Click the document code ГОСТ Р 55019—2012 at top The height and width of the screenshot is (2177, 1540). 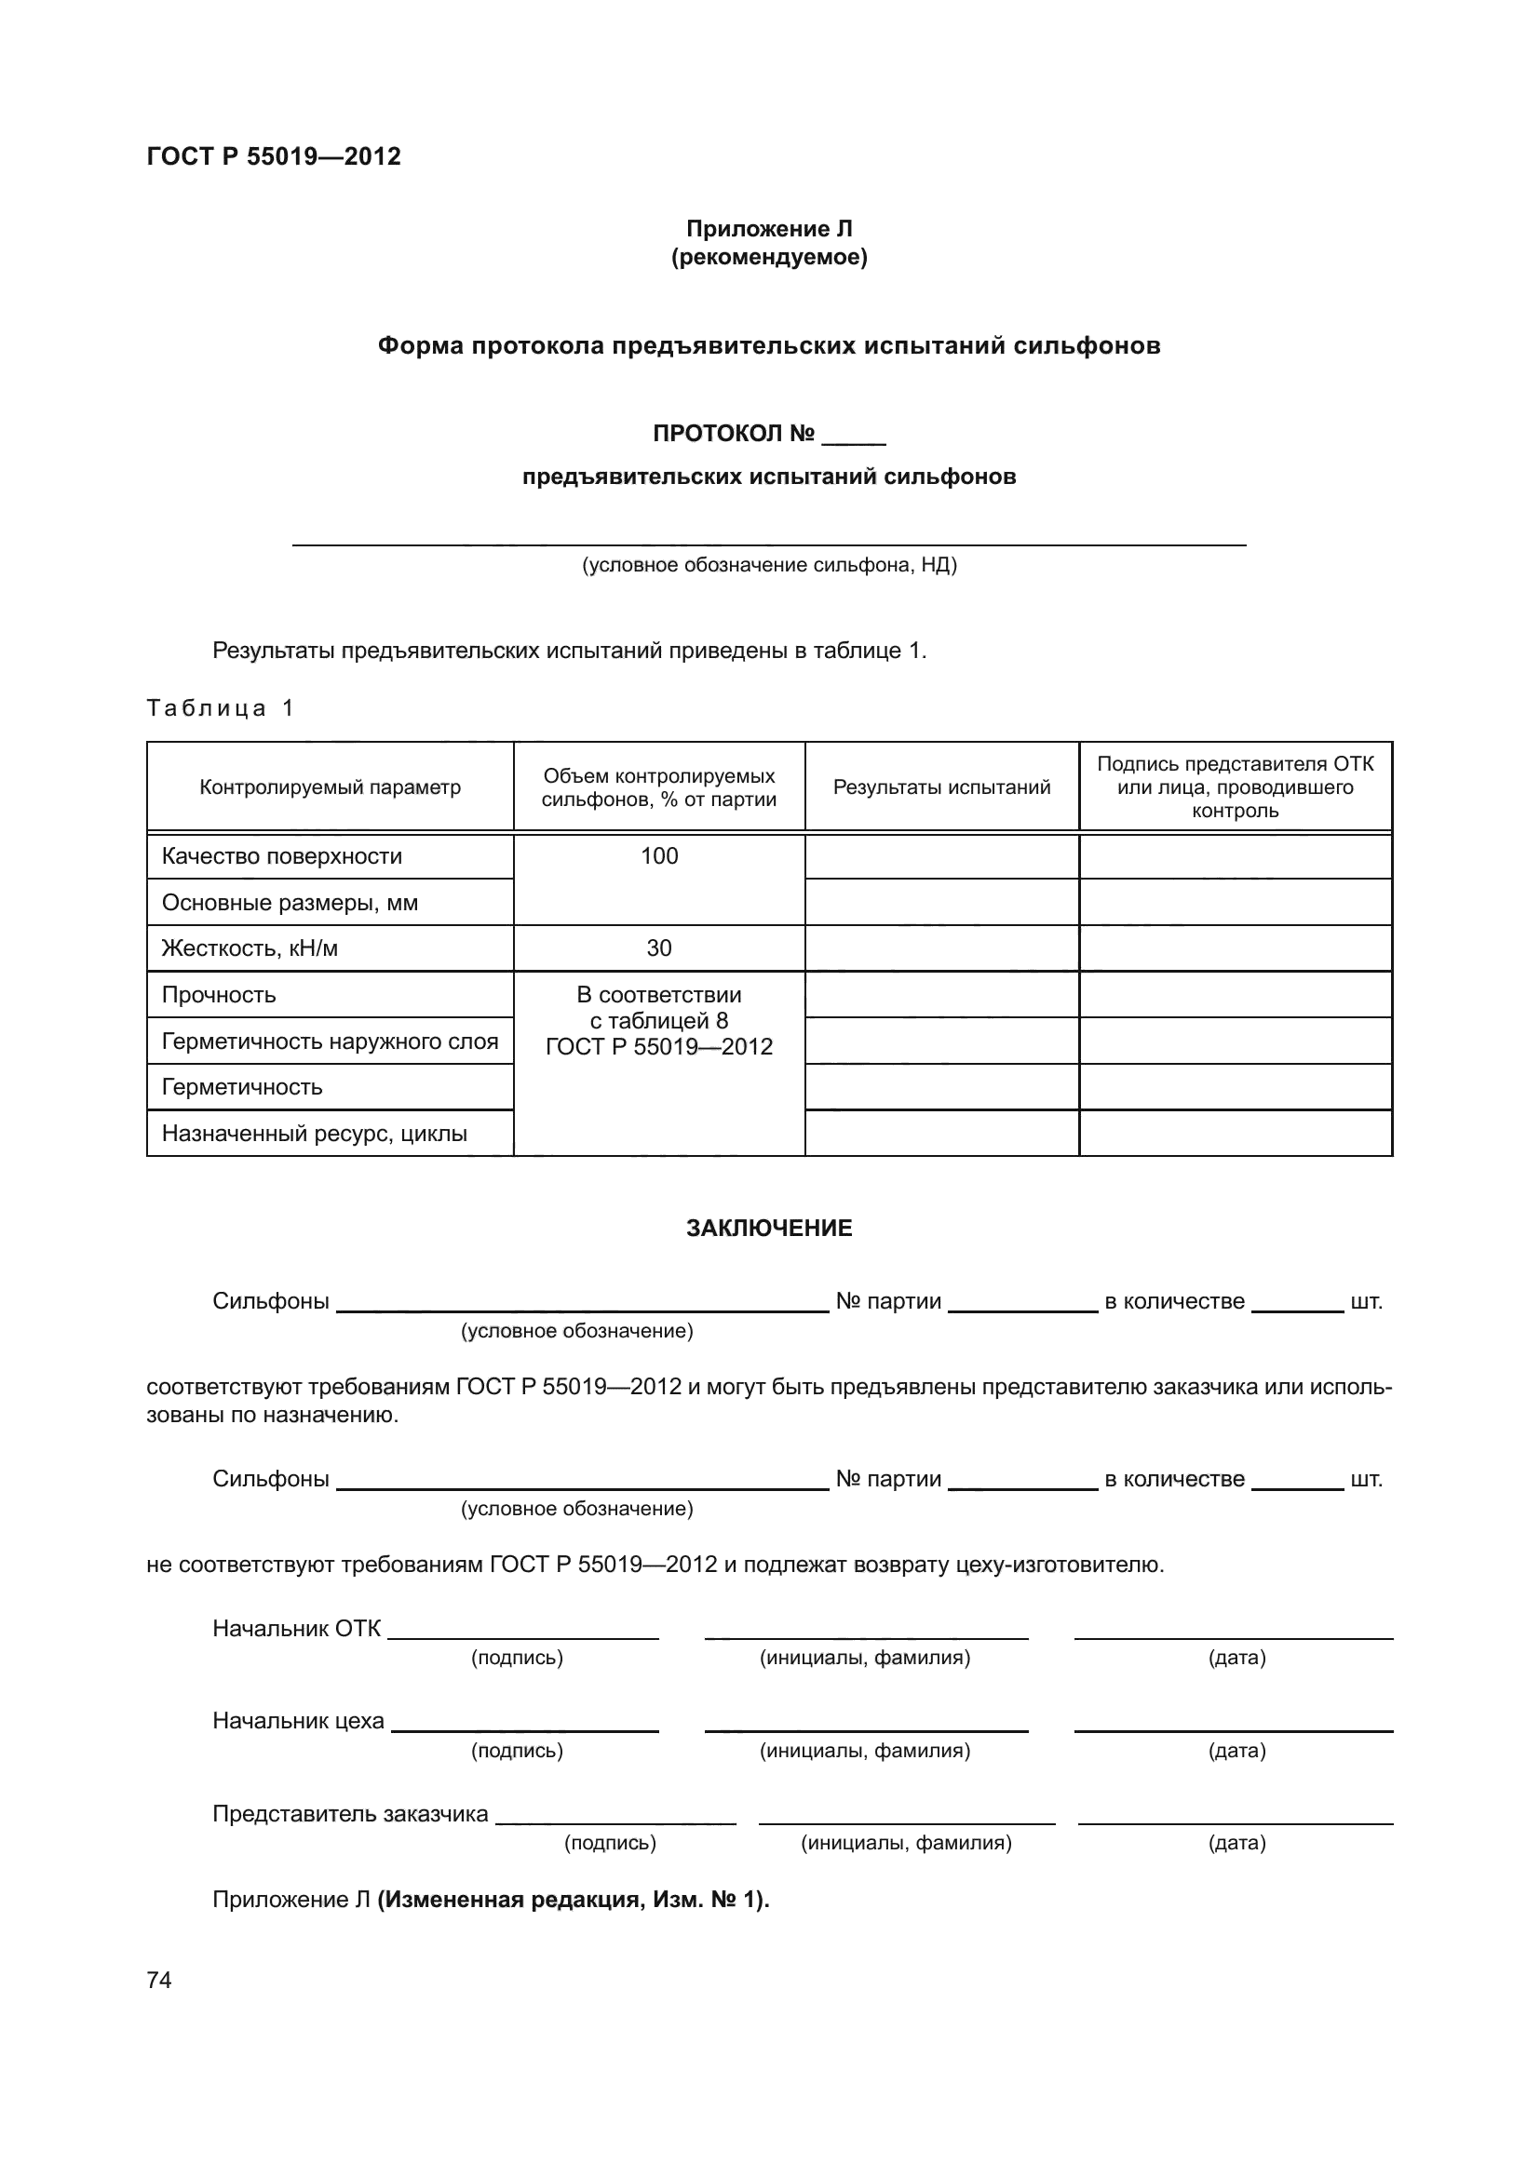[273, 156]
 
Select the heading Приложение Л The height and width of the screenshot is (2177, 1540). [769, 229]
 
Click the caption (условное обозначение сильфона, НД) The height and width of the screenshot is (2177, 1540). [769, 566]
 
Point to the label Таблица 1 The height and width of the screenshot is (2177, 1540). [220, 707]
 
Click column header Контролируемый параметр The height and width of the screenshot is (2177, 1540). [330, 787]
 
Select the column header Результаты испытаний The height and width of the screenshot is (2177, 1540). [941, 787]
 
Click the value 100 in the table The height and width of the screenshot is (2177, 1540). [659, 856]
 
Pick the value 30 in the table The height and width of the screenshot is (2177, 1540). [659, 948]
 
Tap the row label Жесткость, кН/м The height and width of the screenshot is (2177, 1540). [250, 948]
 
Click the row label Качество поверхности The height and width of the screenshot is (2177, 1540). [281, 856]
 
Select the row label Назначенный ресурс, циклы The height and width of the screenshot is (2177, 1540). [314, 1134]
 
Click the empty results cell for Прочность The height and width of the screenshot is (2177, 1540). [941, 995]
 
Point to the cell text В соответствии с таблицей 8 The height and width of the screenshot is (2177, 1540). [659, 1008]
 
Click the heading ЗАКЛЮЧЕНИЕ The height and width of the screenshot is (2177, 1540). [769, 1229]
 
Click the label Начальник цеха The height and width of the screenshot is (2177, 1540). [298, 1721]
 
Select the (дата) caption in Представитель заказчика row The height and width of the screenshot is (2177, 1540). [1236, 1843]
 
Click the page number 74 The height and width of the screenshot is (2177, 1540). [159, 1980]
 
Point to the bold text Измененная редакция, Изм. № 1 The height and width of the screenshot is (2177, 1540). [573, 1901]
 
